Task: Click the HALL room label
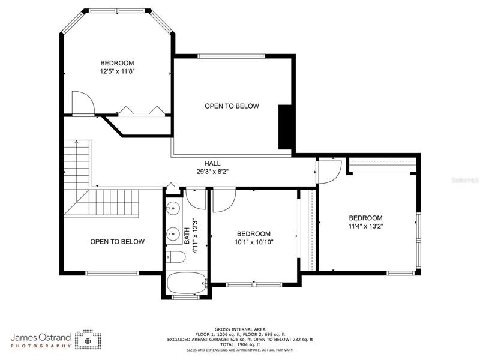[212, 163]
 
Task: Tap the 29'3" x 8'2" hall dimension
[212, 172]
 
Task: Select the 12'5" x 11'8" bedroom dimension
[117, 71]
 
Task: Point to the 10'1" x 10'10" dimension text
[254, 242]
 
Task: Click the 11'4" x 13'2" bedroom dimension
[366, 227]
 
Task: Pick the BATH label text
[187, 236]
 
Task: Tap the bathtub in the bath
[186, 283]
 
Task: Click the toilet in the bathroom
[175, 257]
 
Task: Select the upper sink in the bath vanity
[173, 208]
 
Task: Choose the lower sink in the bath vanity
[173, 234]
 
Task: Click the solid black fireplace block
[284, 127]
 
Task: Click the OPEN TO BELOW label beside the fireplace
[232, 106]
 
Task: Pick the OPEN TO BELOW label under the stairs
[117, 242]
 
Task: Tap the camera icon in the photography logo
[88, 340]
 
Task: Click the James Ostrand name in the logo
[41, 337]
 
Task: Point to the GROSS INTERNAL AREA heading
[240, 329]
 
